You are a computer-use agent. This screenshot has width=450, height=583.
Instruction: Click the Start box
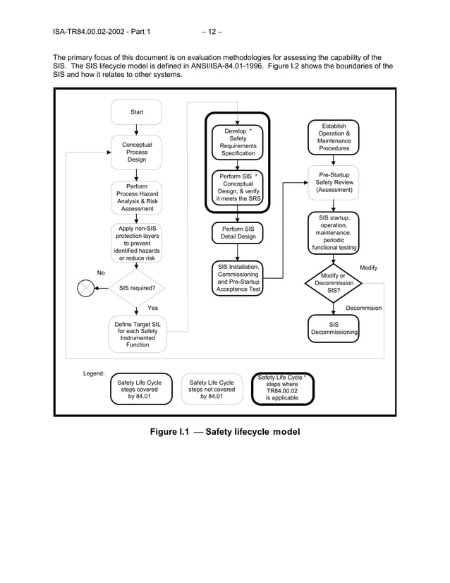coord(136,112)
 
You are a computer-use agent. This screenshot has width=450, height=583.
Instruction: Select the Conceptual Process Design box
coord(136,152)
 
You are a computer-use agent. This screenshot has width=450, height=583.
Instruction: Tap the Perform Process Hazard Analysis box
coord(136,198)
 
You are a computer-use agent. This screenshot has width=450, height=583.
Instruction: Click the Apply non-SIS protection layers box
coord(136,244)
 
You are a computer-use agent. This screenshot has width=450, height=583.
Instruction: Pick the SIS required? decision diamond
coord(136,288)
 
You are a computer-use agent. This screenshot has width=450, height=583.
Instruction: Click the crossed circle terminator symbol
coord(85,288)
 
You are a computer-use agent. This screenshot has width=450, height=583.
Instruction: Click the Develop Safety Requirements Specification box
coord(238,142)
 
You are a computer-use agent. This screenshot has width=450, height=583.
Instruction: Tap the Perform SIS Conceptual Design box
coord(238,187)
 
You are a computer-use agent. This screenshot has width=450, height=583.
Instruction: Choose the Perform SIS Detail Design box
coord(238,234)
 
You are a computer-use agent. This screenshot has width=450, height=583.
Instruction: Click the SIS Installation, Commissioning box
coord(238,278)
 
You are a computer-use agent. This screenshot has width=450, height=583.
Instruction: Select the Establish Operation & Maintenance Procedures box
coord(334,137)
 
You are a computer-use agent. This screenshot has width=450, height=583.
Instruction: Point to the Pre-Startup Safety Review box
coord(334,183)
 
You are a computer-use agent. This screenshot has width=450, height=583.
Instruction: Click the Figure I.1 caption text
coord(224,432)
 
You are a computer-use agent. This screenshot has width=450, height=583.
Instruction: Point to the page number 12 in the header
coord(212,31)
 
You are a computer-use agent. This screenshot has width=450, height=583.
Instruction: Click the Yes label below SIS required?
coord(152,308)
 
